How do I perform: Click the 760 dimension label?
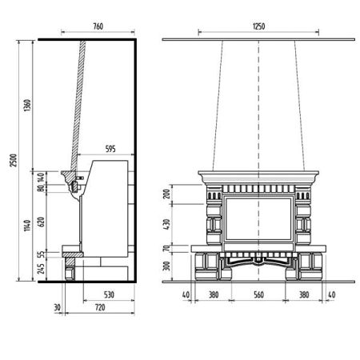[x=98, y=26]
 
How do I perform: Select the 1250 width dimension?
[x=258, y=26]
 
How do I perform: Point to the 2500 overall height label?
[x=14, y=160]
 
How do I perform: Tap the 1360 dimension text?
[x=27, y=106]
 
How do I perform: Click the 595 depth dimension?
[x=110, y=149]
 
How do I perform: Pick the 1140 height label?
[x=27, y=226]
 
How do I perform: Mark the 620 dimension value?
[x=41, y=222]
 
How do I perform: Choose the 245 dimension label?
[x=41, y=269]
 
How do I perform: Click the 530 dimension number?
[x=109, y=294]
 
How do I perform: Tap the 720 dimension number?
[x=100, y=307]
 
